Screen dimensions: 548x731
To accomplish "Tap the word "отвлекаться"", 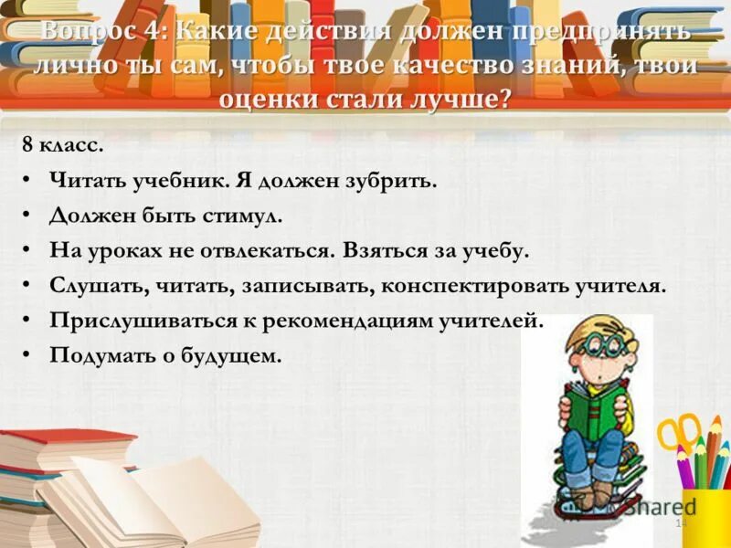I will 265,250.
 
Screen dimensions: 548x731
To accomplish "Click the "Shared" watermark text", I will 660,508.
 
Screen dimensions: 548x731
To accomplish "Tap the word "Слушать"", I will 93,285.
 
